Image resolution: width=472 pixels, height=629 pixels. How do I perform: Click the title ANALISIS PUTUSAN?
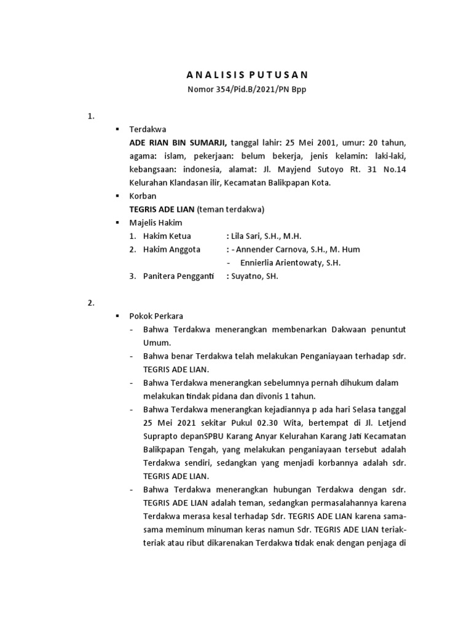(247, 75)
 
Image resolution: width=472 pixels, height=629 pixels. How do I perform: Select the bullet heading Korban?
(143, 196)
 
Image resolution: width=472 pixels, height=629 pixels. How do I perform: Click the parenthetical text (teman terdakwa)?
(235, 209)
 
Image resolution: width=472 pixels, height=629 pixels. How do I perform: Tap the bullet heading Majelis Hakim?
(155, 222)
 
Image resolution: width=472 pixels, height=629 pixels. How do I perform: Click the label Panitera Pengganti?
(178, 276)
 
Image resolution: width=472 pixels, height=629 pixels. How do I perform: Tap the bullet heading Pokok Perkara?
(152, 316)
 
